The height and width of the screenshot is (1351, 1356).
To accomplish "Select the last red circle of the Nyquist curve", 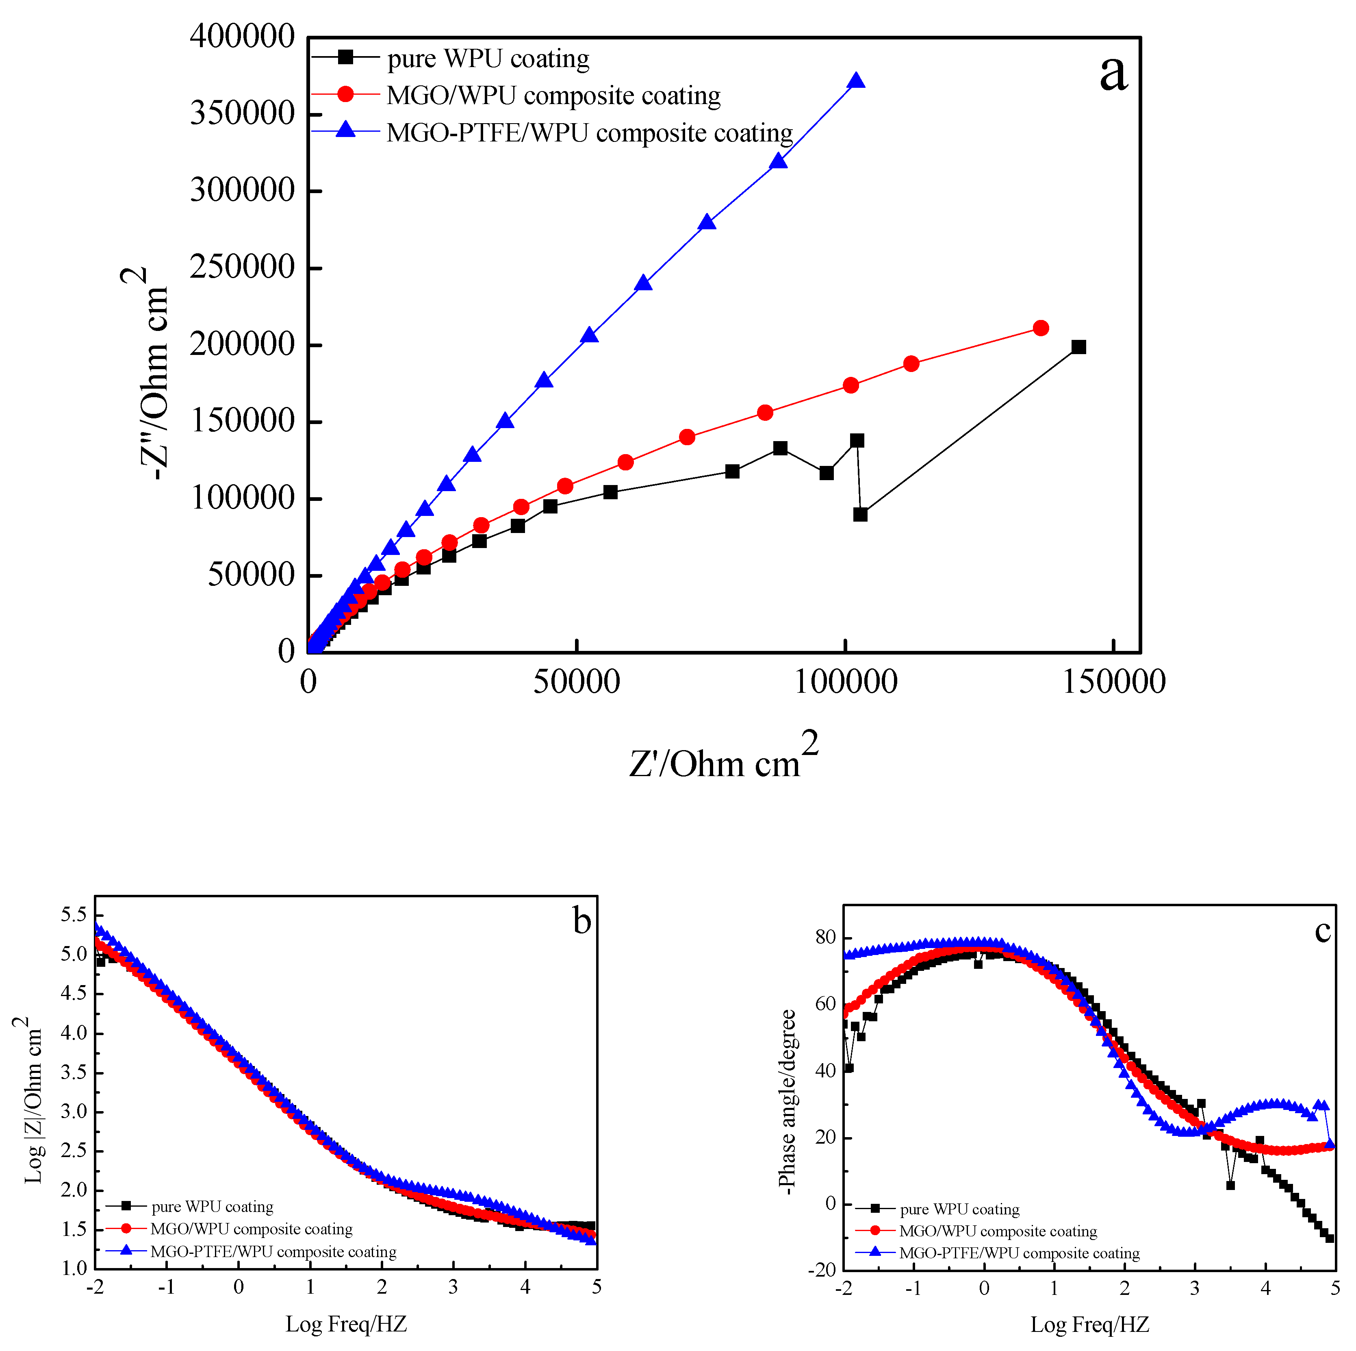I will pyautogui.click(x=1041, y=328).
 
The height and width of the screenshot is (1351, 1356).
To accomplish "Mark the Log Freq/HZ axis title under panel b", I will pyautogui.click(x=346, y=1324).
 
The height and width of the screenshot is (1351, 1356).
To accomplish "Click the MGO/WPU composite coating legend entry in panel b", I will pyautogui.click(x=251, y=1229).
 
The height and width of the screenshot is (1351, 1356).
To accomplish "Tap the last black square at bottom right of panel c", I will pyautogui.click(x=1329, y=1238).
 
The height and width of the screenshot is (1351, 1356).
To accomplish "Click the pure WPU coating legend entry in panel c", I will pyautogui.click(x=959, y=1209).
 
